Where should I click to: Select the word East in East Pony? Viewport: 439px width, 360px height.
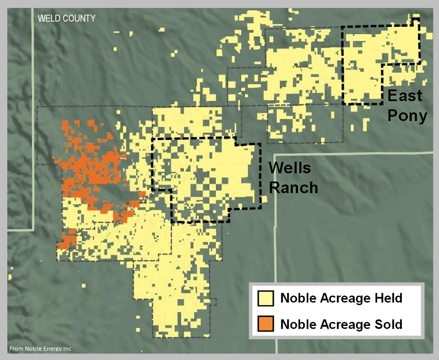405,96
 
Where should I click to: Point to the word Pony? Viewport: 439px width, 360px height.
407,116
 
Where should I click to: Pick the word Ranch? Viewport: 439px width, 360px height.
292,187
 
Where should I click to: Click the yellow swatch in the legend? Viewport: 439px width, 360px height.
266,299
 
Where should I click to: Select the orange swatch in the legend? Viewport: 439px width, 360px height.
266,324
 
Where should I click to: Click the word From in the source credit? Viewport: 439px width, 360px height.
17,349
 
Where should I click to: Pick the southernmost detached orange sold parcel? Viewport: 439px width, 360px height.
68,241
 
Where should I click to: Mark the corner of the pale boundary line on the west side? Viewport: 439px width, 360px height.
33,229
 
